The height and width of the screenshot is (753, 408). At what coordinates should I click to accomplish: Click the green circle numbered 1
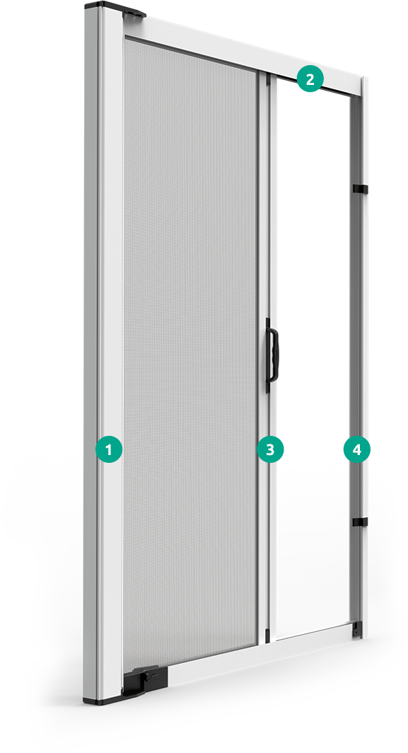pyautogui.click(x=109, y=449)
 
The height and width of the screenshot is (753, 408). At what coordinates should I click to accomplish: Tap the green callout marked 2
pyautogui.click(x=310, y=79)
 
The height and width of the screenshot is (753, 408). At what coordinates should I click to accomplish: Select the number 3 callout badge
pyautogui.click(x=270, y=449)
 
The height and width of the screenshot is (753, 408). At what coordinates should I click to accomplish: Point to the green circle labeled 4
pyautogui.click(x=356, y=449)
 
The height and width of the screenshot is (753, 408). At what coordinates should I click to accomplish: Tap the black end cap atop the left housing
pyautogui.click(x=115, y=8)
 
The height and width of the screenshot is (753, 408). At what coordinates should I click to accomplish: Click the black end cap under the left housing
pyautogui.click(x=103, y=700)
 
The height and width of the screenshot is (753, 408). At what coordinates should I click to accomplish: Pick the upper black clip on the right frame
pyautogui.click(x=359, y=188)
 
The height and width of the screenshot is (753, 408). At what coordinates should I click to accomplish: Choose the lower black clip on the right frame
pyautogui.click(x=359, y=522)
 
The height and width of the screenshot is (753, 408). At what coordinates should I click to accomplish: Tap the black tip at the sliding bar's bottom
pyautogui.click(x=268, y=633)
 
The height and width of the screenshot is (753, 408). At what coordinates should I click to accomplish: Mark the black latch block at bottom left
pyautogui.click(x=144, y=680)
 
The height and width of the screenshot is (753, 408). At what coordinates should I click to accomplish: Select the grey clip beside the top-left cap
pyautogui.click(x=134, y=15)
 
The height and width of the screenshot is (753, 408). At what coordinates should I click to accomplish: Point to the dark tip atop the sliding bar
pyautogui.click(x=268, y=81)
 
